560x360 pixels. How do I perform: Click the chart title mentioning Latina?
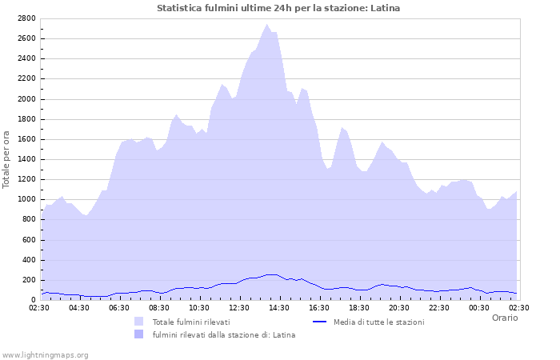click(x=278, y=8)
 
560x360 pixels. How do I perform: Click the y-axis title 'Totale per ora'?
click(x=7, y=158)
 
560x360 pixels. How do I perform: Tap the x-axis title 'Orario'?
click(x=504, y=318)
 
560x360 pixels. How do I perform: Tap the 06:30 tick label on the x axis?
click(x=118, y=307)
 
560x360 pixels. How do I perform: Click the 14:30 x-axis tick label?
click(x=278, y=307)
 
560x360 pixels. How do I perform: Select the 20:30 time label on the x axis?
click(x=398, y=307)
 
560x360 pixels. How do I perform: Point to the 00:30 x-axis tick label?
click(x=478, y=307)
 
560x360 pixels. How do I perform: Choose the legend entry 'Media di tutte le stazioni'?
click(x=379, y=322)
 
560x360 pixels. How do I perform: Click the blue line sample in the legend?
click(x=319, y=322)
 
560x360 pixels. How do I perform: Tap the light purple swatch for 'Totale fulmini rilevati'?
click(x=139, y=322)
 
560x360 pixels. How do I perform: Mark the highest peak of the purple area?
click(x=268, y=25)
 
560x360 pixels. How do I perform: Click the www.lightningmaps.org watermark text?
click(x=45, y=354)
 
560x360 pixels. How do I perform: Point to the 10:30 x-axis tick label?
click(x=198, y=307)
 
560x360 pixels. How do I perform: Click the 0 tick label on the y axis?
click(x=34, y=300)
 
